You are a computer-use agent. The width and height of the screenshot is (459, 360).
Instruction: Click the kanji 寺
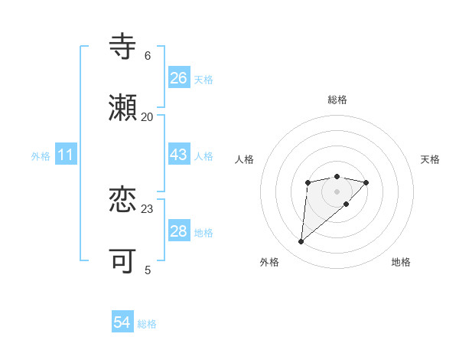[x=123, y=47]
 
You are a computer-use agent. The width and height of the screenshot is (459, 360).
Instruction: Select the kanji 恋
[x=123, y=201]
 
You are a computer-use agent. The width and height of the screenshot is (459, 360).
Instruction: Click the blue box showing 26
[x=179, y=78]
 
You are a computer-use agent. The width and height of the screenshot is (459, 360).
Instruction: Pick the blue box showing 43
[x=179, y=155]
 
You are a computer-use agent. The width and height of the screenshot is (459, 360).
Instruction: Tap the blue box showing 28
[x=179, y=231]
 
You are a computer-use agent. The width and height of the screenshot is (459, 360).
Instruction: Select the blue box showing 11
[x=66, y=155]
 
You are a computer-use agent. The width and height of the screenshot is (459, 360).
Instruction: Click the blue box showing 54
[x=122, y=322]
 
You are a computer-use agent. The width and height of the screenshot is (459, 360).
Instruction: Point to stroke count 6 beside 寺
[x=148, y=56]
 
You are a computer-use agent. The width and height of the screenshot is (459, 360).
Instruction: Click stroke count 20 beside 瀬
[x=148, y=117]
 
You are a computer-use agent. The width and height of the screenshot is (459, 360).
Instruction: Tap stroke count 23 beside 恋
[x=148, y=209]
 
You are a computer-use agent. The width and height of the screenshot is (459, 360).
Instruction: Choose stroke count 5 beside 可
[x=148, y=270]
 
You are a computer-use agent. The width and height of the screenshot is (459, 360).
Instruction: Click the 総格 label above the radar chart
[x=337, y=100]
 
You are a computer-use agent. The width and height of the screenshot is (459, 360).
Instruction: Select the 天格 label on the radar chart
[x=430, y=159]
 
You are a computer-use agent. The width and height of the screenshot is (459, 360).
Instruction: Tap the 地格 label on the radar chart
[x=401, y=262]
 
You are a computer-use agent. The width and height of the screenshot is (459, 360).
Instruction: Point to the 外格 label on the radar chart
[x=269, y=262]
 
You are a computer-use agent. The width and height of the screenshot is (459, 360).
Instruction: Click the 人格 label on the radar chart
[x=245, y=159]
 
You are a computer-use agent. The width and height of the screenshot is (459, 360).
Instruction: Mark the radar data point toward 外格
[x=301, y=242]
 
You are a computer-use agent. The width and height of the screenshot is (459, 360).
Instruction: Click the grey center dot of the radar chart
[x=337, y=191]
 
